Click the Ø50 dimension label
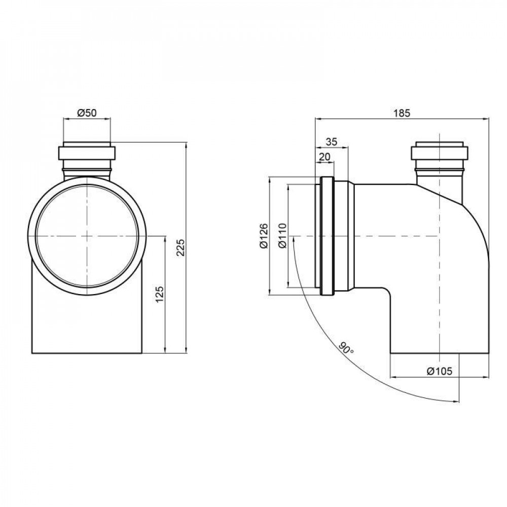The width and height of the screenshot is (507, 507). pos(87,113)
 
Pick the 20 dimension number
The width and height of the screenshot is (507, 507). pos(324,157)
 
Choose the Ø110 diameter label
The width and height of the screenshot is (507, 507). pos(282,236)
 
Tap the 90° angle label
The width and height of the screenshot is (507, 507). pos(346,349)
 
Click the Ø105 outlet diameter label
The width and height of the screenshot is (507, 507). pos(439,371)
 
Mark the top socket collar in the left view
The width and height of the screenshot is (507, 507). pos(87,153)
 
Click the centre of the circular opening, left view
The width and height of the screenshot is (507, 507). pos(87,236)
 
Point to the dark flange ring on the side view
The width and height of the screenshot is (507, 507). pos(327,236)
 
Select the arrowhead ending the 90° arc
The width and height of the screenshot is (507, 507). pos(456,401)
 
